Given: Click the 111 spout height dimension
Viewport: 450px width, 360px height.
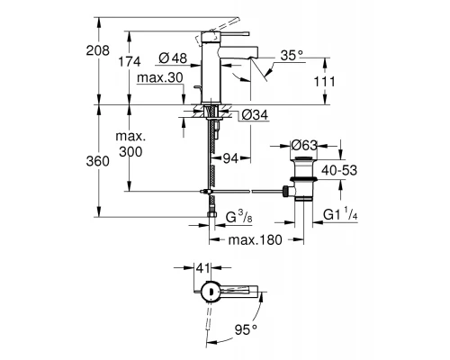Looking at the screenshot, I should click(x=323, y=83).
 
